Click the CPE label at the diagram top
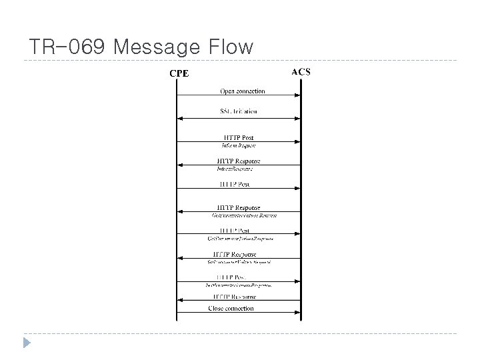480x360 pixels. [178, 73]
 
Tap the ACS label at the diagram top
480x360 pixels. [301, 71]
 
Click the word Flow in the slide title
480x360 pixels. [230, 47]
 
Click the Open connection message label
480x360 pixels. [242, 91]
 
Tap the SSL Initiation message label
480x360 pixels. [238, 111]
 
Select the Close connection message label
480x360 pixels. [231, 309]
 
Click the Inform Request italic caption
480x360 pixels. [238, 145]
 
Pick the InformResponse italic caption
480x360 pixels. [235, 169]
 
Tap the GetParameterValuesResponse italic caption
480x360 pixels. [241, 238]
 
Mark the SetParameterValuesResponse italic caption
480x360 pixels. [238, 285]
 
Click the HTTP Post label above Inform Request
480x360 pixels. [238, 138]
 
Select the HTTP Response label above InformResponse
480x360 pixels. [238, 161]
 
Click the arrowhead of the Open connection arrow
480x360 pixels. [297, 96]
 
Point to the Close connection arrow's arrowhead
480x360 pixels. [179, 313]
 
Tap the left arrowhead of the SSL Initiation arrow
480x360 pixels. [179, 119]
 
